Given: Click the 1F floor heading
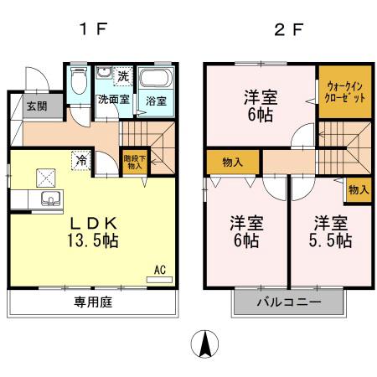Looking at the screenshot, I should click(x=93, y=29).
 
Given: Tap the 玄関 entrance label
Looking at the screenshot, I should click(x=35, y=106).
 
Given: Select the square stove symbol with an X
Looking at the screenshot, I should click(x=44, y=176).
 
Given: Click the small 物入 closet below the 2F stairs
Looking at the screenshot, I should click(x=358, y=190).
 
